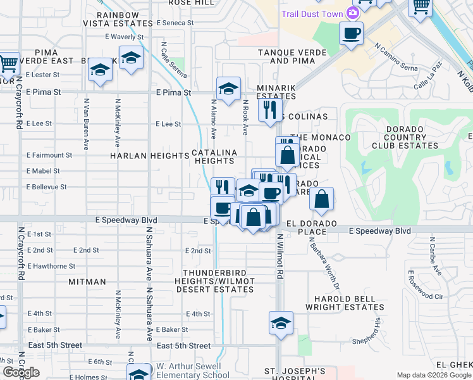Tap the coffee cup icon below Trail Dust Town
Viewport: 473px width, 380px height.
(x=351, y=33)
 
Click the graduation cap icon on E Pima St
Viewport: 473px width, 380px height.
(x=228, y=88)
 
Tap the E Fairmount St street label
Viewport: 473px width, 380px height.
(x=49, y=155)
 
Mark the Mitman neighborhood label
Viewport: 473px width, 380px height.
(x=87, y=281)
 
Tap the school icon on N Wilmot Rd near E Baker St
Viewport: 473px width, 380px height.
(x=281, y=323)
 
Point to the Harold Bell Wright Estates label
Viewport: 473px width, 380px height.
(x=345, y=303)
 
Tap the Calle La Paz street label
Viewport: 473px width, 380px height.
(x=429, y=82)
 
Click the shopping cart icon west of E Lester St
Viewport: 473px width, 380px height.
(x=8, y=63)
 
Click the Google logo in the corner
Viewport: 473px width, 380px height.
(x=21, y=372)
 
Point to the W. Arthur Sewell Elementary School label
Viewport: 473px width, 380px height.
(x=188, y=370)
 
